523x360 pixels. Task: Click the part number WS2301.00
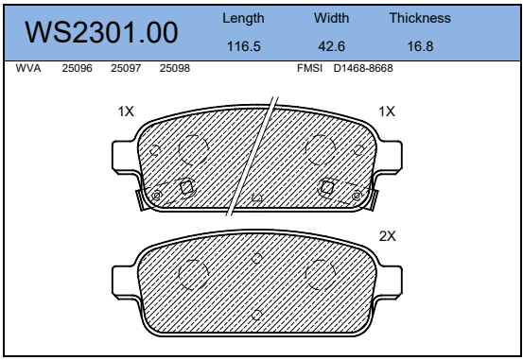click(101, 32)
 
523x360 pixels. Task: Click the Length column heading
click(243, 18)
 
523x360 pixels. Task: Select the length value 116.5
click(243, 46)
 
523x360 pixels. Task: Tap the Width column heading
click(331, 18)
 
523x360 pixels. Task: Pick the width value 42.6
click(331, 46)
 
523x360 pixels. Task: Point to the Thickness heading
click(420, 18)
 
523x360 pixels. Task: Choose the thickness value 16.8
click(420, 46)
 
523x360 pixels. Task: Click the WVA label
click(28, 68)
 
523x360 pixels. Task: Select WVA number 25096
click(77, 68)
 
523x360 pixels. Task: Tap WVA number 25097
click(126, 68)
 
